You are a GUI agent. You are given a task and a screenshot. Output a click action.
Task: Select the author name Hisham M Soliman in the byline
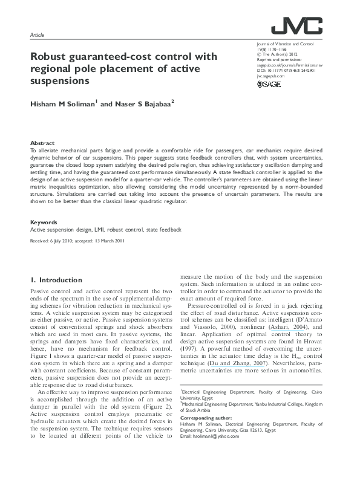62,105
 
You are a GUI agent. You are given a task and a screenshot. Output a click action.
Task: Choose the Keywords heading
44,222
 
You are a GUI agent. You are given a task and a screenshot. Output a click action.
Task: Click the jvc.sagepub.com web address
270,77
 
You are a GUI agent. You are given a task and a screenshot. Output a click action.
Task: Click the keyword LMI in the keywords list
99,230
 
